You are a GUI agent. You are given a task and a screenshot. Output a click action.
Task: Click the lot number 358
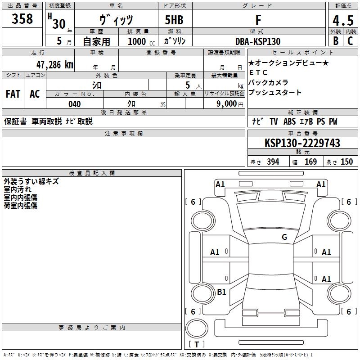[22, 18]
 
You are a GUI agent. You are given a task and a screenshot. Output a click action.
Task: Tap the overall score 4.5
[343, 21]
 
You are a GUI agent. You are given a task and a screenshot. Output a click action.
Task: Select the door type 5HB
[174, 20]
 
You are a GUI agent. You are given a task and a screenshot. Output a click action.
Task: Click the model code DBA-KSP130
[258, 41]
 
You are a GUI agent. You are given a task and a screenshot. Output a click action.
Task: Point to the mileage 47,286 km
[55, 64]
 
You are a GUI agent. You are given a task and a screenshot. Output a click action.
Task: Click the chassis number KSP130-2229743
[302, 143]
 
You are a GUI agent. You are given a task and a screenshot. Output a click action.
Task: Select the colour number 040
[75, 104]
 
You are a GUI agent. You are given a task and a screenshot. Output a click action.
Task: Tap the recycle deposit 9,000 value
[226, 104]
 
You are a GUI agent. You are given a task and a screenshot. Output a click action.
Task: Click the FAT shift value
[13, 94]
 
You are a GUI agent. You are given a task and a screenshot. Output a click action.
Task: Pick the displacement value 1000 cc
[141, 41]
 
